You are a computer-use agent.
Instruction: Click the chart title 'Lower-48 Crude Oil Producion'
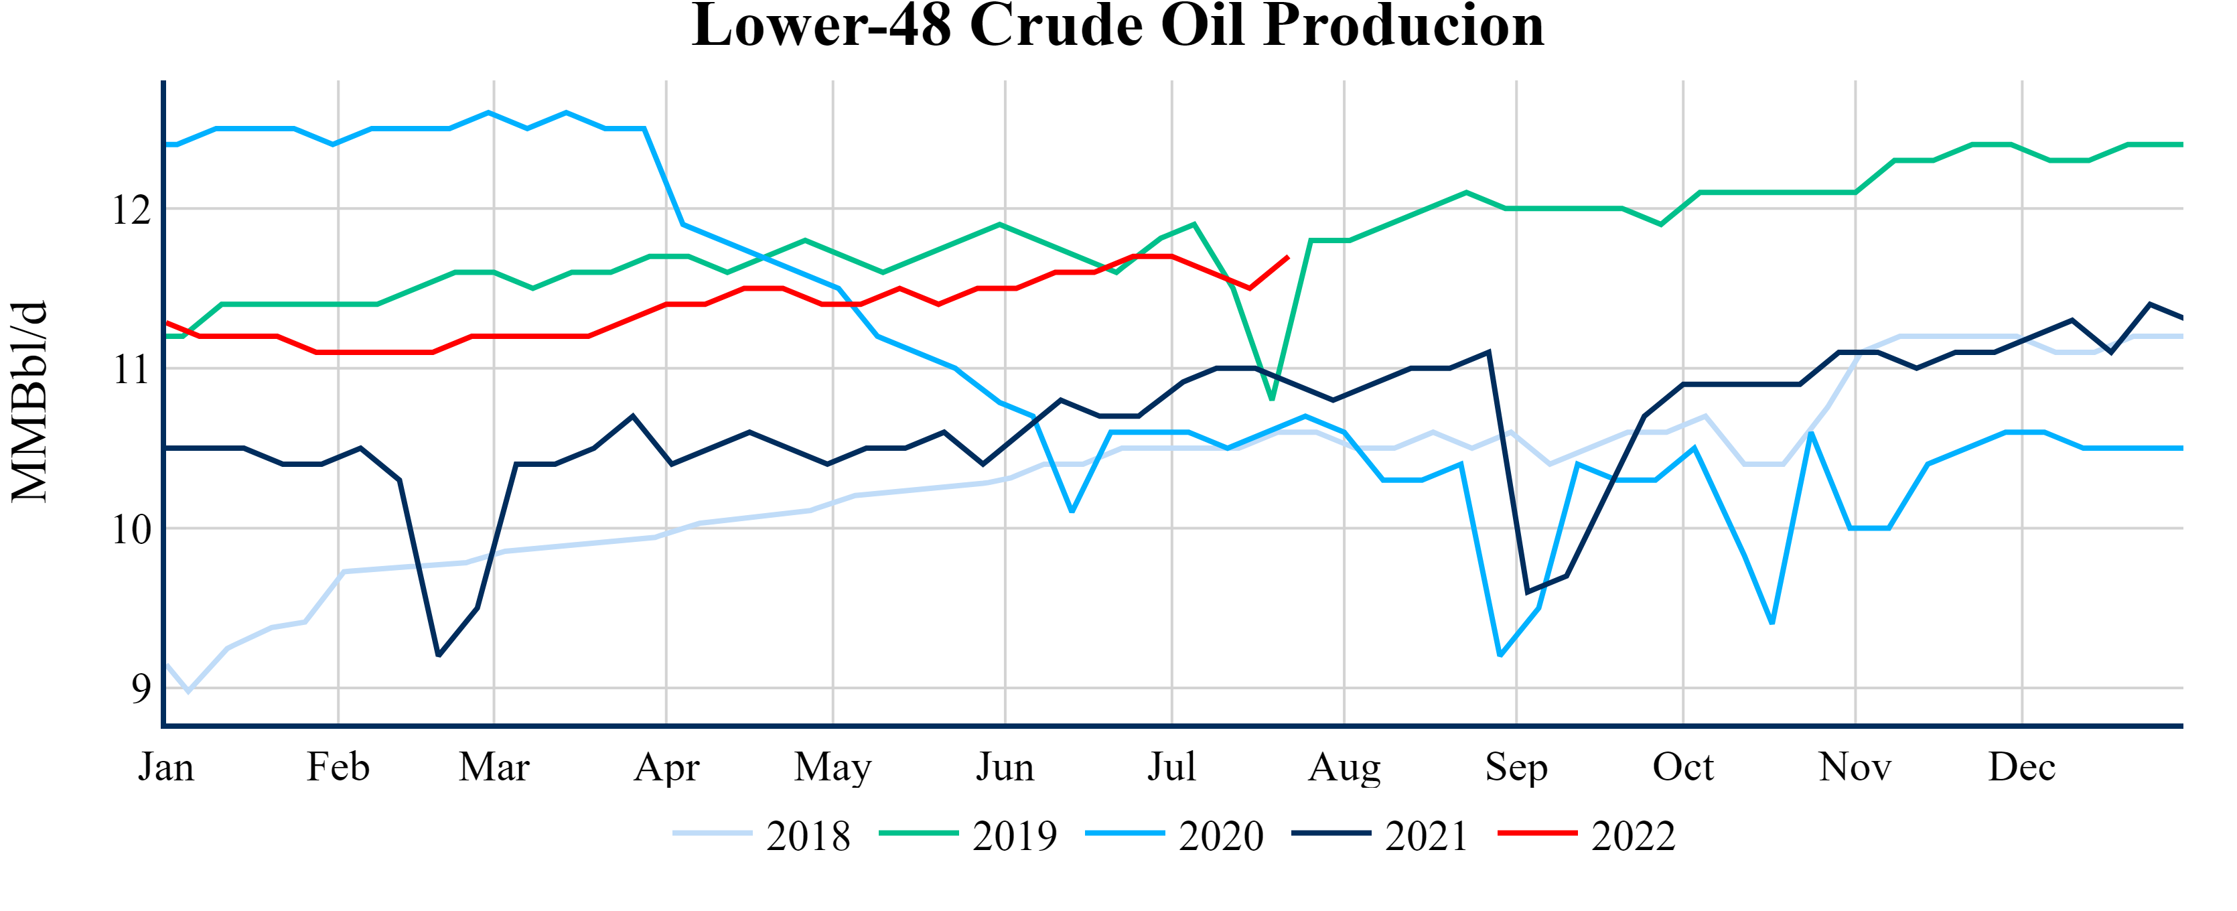point(1118,26)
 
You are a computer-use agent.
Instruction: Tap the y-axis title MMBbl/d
point(29,401)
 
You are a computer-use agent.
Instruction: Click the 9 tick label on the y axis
point(141,689)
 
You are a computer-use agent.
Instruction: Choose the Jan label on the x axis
point(166,768)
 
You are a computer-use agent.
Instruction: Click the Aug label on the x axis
point(1344,768)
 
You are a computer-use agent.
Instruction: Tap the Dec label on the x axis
point(2021,768)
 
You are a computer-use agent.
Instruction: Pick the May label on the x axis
point(833,768)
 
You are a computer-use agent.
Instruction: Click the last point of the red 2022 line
point(1288,257)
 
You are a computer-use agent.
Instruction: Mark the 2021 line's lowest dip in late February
point(439,656)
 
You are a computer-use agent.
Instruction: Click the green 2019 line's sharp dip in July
point(1272,399)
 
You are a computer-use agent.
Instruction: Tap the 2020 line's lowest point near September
point(1500,655)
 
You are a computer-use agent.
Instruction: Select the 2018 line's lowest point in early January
point(188,691)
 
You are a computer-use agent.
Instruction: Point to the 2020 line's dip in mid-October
point(1772,623)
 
